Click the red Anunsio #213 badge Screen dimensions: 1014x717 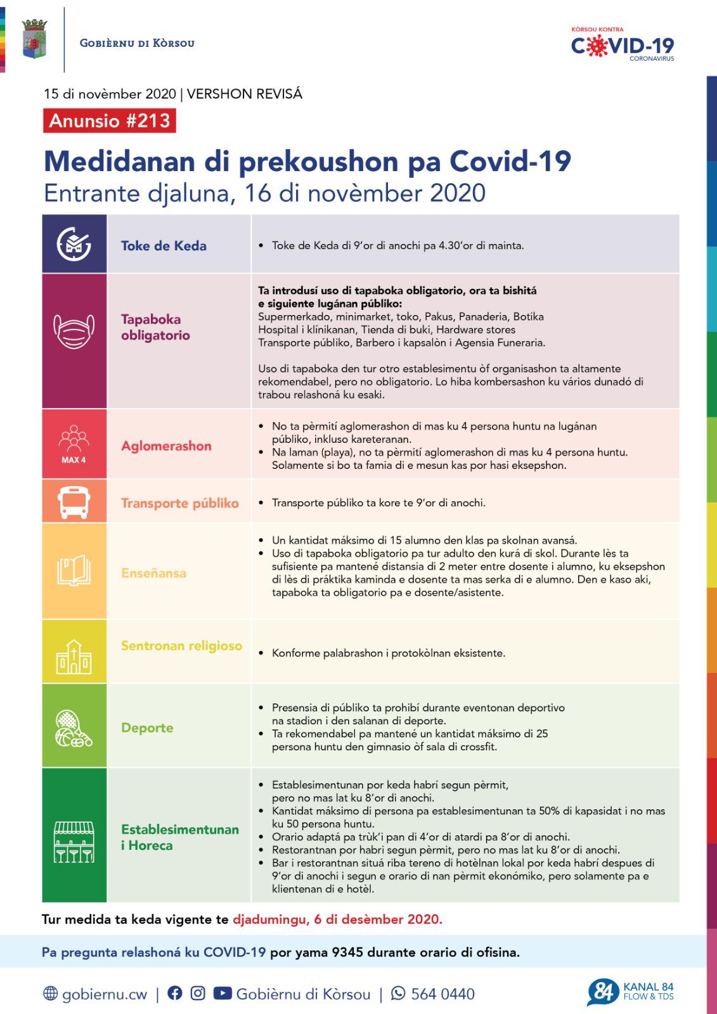(110, 120)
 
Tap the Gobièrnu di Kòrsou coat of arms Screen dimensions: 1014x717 (34, 39)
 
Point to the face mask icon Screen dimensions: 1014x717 (74, 331)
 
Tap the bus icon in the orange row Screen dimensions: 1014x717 (74, 502)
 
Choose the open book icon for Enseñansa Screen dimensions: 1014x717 (74, 571)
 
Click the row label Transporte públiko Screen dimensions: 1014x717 (180, 503)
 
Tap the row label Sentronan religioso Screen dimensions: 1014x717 (181, 646)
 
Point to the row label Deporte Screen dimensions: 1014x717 (147, 728)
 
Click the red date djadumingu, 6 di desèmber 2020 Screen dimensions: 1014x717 (337, 920)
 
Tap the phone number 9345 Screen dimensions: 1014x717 (346, 953)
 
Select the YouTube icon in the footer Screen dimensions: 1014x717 (222, 993)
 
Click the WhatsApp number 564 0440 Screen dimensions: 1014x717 (442, 994)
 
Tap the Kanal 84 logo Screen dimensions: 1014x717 (630, 992)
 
